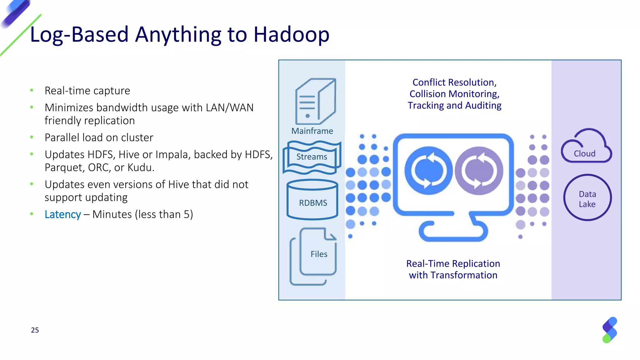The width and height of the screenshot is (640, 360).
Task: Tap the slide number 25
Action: point(35,330)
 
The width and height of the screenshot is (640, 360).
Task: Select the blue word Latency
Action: point(63,215)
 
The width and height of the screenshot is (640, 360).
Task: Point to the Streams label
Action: point(312,157)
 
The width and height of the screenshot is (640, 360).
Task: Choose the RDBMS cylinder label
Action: point(313,203)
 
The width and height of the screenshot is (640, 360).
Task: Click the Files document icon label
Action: point(319,254)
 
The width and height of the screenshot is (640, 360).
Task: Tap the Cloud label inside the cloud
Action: point(584,154)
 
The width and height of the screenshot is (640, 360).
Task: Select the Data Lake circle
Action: point(587,198)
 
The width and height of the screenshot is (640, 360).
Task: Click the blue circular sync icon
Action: point(428,171)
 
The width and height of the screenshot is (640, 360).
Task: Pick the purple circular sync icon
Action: point(479,171)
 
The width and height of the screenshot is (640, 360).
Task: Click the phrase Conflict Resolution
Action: point(454,82)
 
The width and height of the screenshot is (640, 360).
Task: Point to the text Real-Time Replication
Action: point(453,264)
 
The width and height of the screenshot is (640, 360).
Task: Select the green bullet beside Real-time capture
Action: point(32,91)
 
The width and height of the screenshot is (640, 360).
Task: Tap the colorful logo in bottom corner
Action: point(609,330)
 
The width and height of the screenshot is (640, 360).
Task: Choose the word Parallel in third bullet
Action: point(62,138)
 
